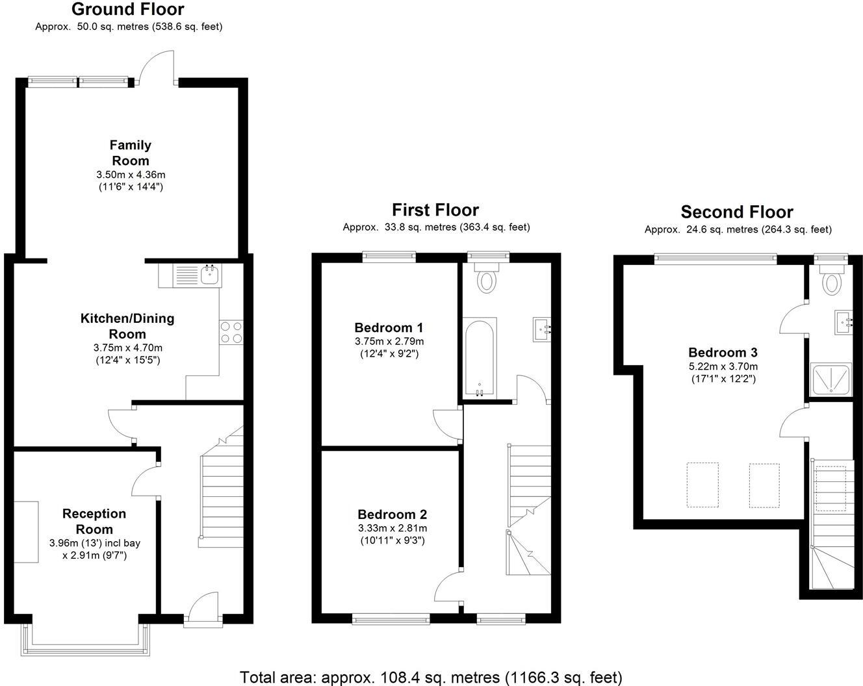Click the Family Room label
click(130, 153)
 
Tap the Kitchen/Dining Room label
click(127, 326)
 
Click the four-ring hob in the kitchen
click(231, 333)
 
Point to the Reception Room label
click(94, 521)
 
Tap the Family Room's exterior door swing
click(156, 68)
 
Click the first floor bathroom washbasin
click(542, 328)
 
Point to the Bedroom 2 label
click(392, 514)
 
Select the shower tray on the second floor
click(832, 379)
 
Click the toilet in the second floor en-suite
click(831, 281)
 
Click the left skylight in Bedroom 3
click(702, 485)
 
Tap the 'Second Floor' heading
click(736, 212)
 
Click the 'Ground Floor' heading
click(127, 9)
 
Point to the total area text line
click(431, 677)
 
